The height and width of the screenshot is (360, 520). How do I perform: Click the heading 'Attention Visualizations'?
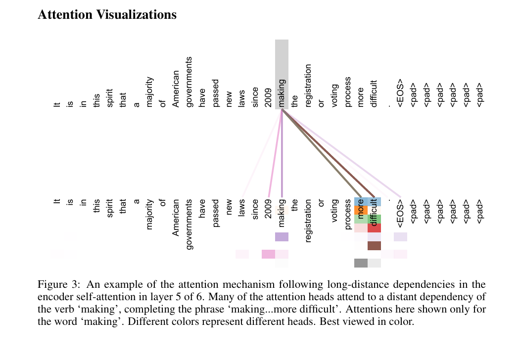click(107, 15)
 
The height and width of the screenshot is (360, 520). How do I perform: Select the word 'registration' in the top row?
click(308, 86)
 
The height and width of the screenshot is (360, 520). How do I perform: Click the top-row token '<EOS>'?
click(401, 93)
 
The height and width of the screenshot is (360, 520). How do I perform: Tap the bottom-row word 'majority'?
click(150, 215)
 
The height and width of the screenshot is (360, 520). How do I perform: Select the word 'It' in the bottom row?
click(57, 202)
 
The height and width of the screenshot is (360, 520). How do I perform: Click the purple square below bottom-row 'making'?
click(282, 237)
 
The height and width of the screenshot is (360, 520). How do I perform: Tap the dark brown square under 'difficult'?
click(374, 246)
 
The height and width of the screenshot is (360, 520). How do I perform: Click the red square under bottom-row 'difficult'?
click(374, 228)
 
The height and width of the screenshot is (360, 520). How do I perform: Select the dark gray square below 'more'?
click(361, 263)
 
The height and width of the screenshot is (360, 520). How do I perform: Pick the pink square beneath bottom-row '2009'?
click(268, 254)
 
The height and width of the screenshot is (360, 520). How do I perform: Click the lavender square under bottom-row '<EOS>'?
click(400, 237)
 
